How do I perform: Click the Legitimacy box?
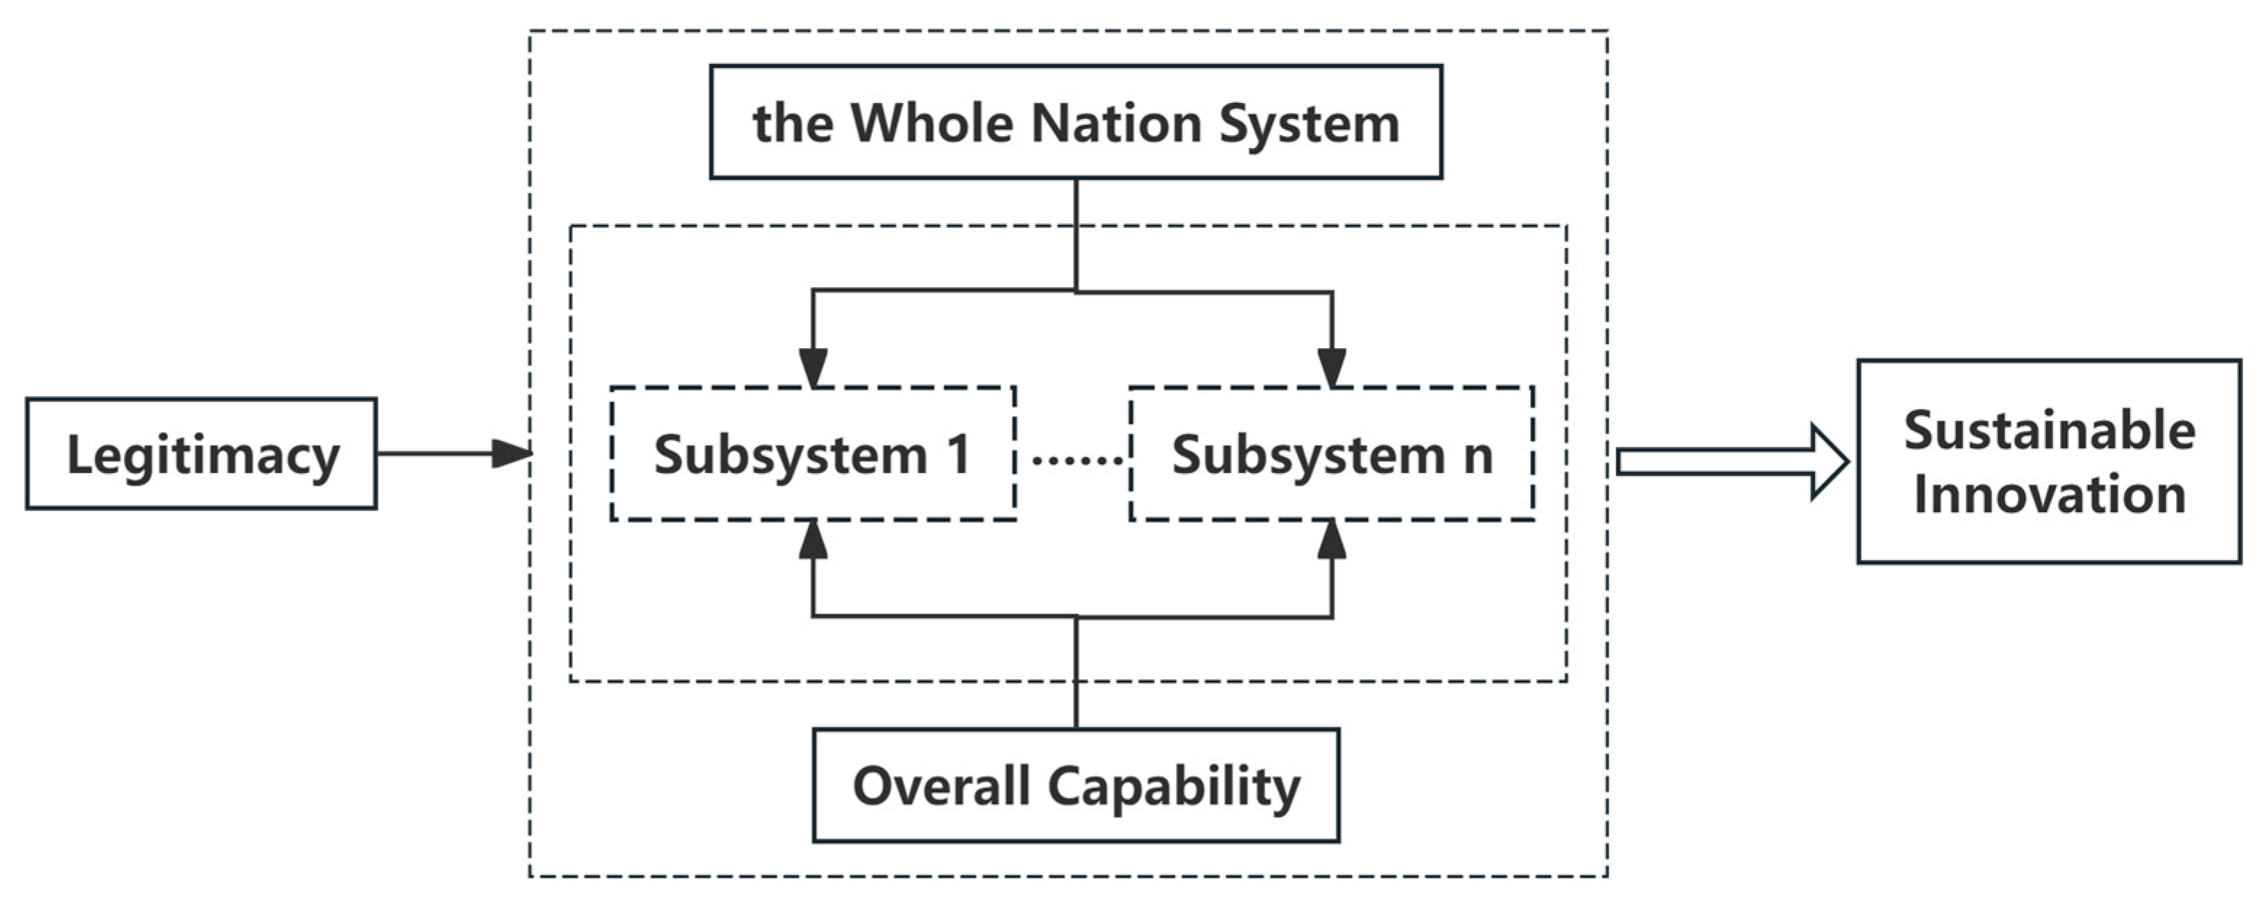coord(202,454)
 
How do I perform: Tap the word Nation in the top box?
coord(1116,123)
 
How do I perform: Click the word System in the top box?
coord(1309,123)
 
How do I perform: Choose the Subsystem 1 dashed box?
coord(813,454)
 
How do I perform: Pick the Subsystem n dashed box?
coord(1331,454)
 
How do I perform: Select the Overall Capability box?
coord(1075,785)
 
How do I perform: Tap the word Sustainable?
coord(2049,430)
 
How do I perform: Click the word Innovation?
coord(2049,495)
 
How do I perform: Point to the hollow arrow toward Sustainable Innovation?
coord(1732,462)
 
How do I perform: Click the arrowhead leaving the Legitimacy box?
coord(511,453)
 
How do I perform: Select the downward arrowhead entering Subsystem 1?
coord(813,367)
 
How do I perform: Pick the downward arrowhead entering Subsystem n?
coord(1331,367)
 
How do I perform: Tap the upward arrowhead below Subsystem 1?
coord(813,540)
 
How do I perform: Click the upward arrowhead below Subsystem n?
coord(1331,540)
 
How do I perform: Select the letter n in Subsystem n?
coord(1478,458)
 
